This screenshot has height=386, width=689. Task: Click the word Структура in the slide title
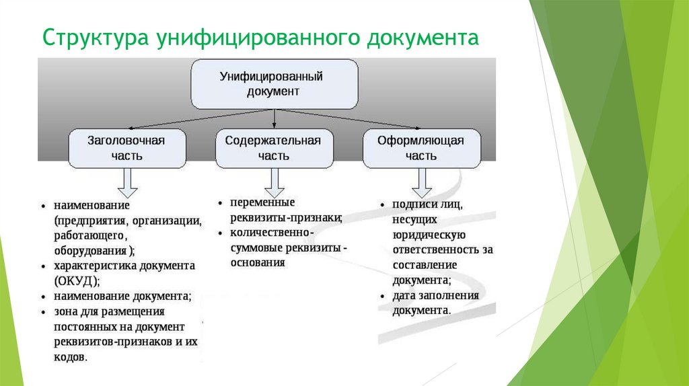click(96, 38)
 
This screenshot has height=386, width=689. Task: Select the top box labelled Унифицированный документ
click(275, 84)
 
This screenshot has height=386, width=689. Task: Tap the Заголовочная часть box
click(127, 149)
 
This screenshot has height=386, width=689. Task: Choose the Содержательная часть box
click(275, 149)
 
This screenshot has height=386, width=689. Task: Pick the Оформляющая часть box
click(422, 149)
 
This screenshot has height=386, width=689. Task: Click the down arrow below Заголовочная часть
click(127, 183)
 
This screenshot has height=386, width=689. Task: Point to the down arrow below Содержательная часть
click(275, 183)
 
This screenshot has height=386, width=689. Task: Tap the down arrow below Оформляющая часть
click(422, 183)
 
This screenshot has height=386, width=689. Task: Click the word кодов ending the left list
click(71, 356)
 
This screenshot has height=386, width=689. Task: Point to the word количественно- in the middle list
click(272, 232)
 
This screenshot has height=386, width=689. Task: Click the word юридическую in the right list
click(429, 235)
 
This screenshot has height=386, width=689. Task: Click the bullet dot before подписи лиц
click(383, 205)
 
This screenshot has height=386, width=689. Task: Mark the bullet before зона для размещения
click(44, 312)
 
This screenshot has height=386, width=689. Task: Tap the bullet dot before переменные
click(221, 203)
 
